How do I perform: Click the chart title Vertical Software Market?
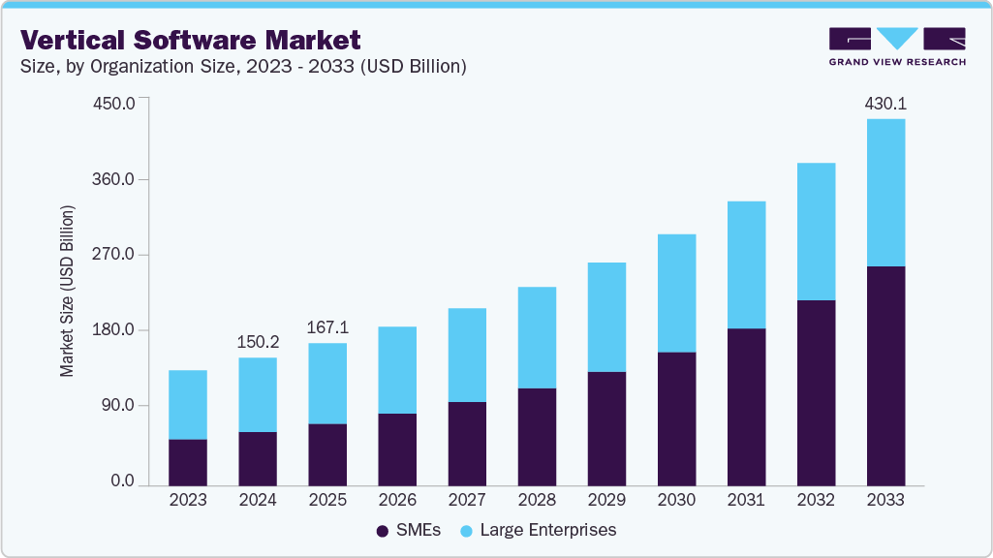pyautogui.click(x=191, y=40)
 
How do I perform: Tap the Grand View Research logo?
pyautogui.click(x=897, y=46)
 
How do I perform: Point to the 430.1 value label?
pyautogui.click(x=885, y=103)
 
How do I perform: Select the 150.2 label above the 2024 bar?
pyautogui.click(x=258, y=342)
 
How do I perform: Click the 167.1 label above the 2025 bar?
pyautogui.click(x=327, y=327)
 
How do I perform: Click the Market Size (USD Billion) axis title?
pyautogui.click(x=67, y=291)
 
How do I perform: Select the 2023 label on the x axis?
pyautogui.click(x=188, y=500)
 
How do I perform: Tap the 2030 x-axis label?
pyautogui.click(x=676, y=500)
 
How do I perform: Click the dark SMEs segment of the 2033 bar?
pyautogui.click(x=885, y=375)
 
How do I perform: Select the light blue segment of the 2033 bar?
pyautogui.click(x=885, y=193)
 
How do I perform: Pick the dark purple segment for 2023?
pyautogui.click(x=188, y=461)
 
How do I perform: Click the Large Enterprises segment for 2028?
pyautogui.click(x=537, y=337)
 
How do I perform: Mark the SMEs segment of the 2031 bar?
pyautogui.click(x=746, y=406)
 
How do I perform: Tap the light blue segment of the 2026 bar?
pyautogui.click(x=397, y=370)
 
